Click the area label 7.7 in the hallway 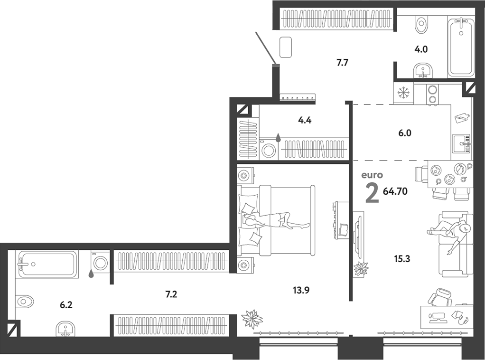pos(342,62)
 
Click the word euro pos(372,175)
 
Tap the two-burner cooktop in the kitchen pos(432,94)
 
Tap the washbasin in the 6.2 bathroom pos(65,328)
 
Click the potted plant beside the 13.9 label pos(252,319)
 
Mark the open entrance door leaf pos(266,47)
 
